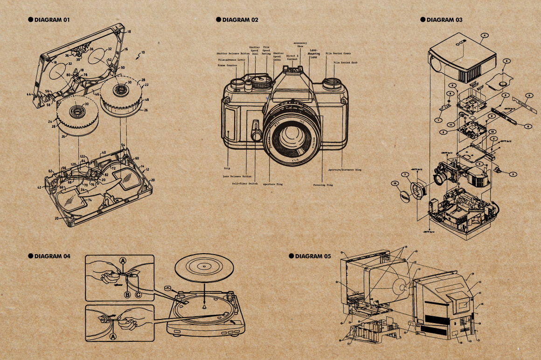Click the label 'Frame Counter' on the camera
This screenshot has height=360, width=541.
tap(228, 66)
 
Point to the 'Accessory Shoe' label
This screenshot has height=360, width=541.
tap(300, 45)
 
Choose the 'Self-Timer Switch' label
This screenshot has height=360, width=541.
tap(245, 184)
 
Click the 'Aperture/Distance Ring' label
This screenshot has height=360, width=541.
tap(344, 170)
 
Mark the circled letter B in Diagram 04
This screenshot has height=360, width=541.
tap(126, 294)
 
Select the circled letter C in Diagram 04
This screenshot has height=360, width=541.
tap(138, 294)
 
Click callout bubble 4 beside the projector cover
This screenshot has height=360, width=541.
tap(485, 35)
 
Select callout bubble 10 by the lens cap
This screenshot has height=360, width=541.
tap(395, 184)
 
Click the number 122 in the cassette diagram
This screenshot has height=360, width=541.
tap(82, 156)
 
